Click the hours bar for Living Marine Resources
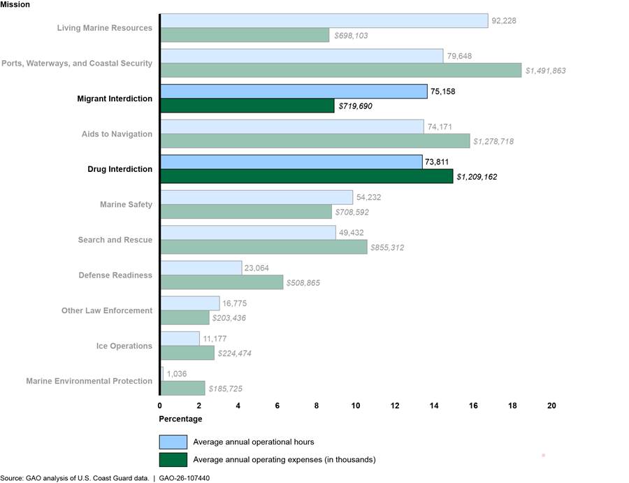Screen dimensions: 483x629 pos(324,21)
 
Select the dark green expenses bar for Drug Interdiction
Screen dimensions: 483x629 pos(307,176)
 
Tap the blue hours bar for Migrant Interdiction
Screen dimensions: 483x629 pos(294,92)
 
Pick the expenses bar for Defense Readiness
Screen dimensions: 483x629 pos(222,282)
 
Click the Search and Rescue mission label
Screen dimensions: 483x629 pos(115,240)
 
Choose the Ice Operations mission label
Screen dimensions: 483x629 pos(124,346)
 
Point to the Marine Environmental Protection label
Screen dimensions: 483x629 pos(89,381)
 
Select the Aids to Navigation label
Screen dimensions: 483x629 pos(113,134)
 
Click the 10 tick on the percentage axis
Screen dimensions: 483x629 pos(356,405)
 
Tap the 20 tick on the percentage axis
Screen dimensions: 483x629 pos(552,405)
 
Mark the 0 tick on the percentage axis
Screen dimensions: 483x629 pos(160,405)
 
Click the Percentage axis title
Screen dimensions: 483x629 pos(181,419)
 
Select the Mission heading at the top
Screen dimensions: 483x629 pos(15,4)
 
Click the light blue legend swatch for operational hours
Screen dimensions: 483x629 pos(173,442)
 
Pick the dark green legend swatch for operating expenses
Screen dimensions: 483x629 pos(173,459)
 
